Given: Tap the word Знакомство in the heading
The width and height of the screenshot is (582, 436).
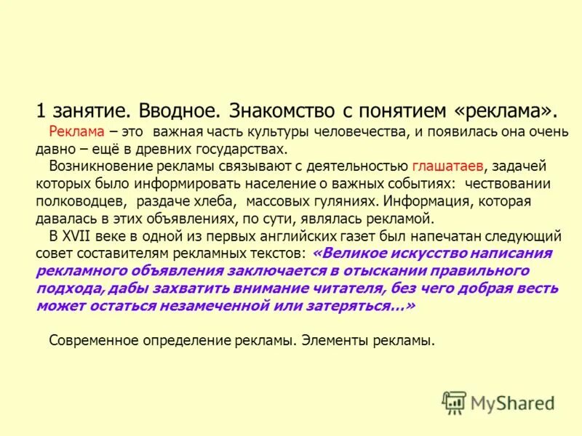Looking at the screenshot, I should [x=281, y=112].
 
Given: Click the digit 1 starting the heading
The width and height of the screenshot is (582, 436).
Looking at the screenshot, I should [x=41, y=112].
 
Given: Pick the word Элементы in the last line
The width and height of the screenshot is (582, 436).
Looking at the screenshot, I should [x=331, y=339].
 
